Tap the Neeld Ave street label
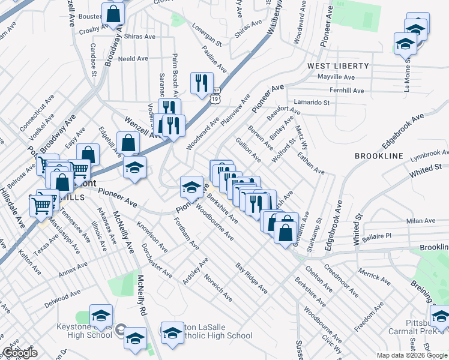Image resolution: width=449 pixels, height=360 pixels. [133, 59]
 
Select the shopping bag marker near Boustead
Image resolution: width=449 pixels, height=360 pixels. [113, 14]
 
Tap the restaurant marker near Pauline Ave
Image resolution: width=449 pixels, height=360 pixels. [202, 83]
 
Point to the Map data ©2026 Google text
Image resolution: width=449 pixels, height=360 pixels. [412, 355]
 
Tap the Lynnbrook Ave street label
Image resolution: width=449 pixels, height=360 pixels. [429, 155]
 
